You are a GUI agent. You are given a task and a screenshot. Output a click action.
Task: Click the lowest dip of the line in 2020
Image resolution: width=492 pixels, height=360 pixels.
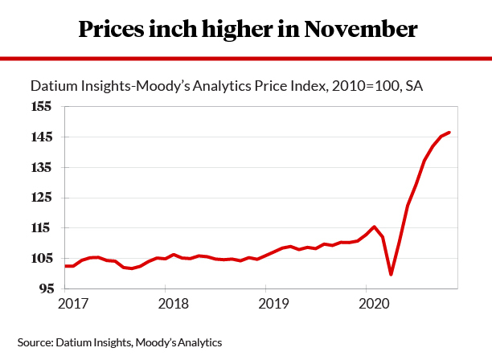[x=391, y=274]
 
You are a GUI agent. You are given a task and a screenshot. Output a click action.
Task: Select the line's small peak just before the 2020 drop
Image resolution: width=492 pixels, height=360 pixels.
[x=374, y=227]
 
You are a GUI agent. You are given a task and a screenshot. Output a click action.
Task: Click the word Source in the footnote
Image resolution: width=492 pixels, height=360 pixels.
[x=33, y=343]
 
